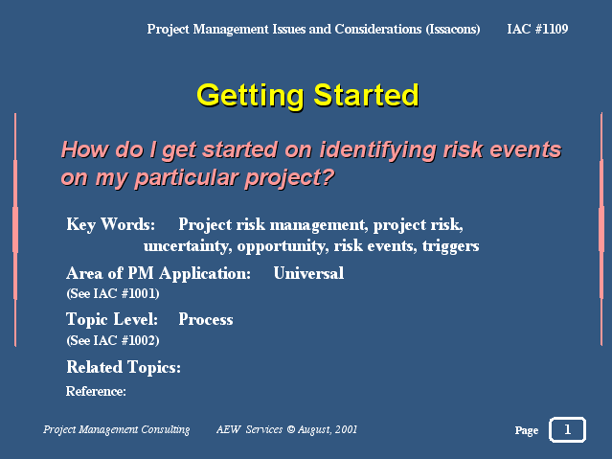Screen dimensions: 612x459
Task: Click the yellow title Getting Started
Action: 307,95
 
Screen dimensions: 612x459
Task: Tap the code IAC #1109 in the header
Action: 537,29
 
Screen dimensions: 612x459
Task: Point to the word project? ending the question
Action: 289,178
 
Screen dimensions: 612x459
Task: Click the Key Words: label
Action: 110,225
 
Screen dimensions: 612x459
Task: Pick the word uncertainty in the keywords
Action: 188,246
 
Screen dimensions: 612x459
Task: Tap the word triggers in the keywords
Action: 450,246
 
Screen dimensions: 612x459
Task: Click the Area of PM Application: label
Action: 158,273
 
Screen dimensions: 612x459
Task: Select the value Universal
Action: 308,273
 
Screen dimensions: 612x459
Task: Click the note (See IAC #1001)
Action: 113,294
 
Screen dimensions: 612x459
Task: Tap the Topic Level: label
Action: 112,319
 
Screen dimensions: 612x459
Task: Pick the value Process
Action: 206,319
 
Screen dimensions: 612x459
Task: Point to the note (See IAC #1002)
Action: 113,340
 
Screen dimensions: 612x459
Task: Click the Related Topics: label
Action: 124,367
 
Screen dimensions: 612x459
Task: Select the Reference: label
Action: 96,391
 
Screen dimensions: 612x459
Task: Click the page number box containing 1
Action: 567,429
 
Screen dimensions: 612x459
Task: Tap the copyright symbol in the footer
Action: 291,429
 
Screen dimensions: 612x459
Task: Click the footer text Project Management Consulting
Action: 116,429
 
